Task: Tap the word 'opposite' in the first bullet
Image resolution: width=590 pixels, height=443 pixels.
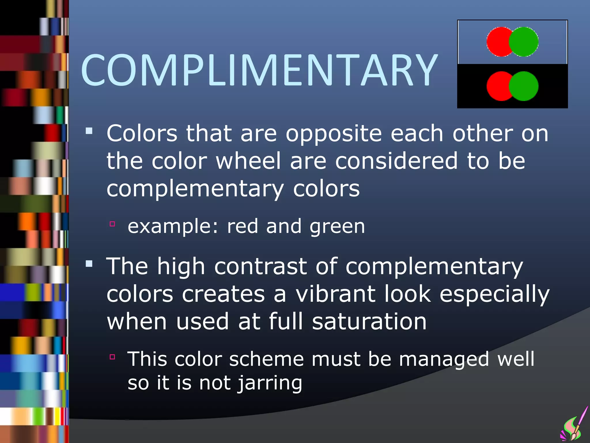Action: [334, 134]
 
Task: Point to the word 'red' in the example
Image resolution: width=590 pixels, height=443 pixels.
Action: [242, 226]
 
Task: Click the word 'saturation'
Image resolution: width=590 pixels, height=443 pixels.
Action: [369, 322]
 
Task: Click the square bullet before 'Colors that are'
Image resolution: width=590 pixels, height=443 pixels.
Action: [89, 132]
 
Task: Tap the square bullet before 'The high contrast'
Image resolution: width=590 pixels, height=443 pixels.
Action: [89, 264]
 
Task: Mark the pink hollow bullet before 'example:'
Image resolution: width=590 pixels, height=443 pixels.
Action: [112, 224]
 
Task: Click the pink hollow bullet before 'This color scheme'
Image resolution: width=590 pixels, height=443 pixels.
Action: [112, 357]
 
